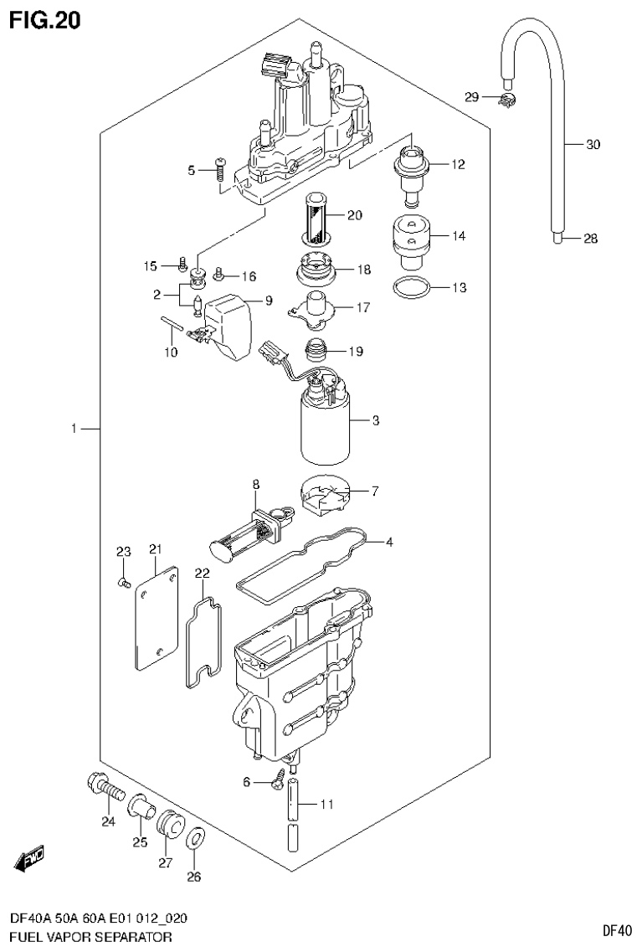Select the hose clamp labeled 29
pos(507,100)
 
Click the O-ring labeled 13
pos(412,288)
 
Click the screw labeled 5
pos(220,170)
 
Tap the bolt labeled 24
pos(105,787)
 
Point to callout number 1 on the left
pos(74,429)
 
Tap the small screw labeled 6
pos(278,783)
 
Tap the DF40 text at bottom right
pos(616,929)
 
